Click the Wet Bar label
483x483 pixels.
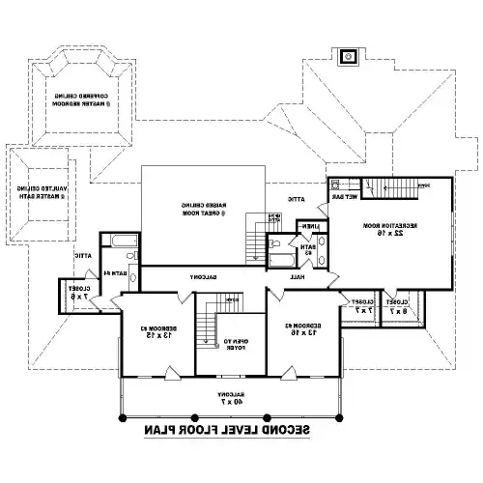point(348,196)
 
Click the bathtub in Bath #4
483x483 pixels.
point(123,241)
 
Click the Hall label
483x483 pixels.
point(298,276)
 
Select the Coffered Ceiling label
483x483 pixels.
point(80,98)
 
